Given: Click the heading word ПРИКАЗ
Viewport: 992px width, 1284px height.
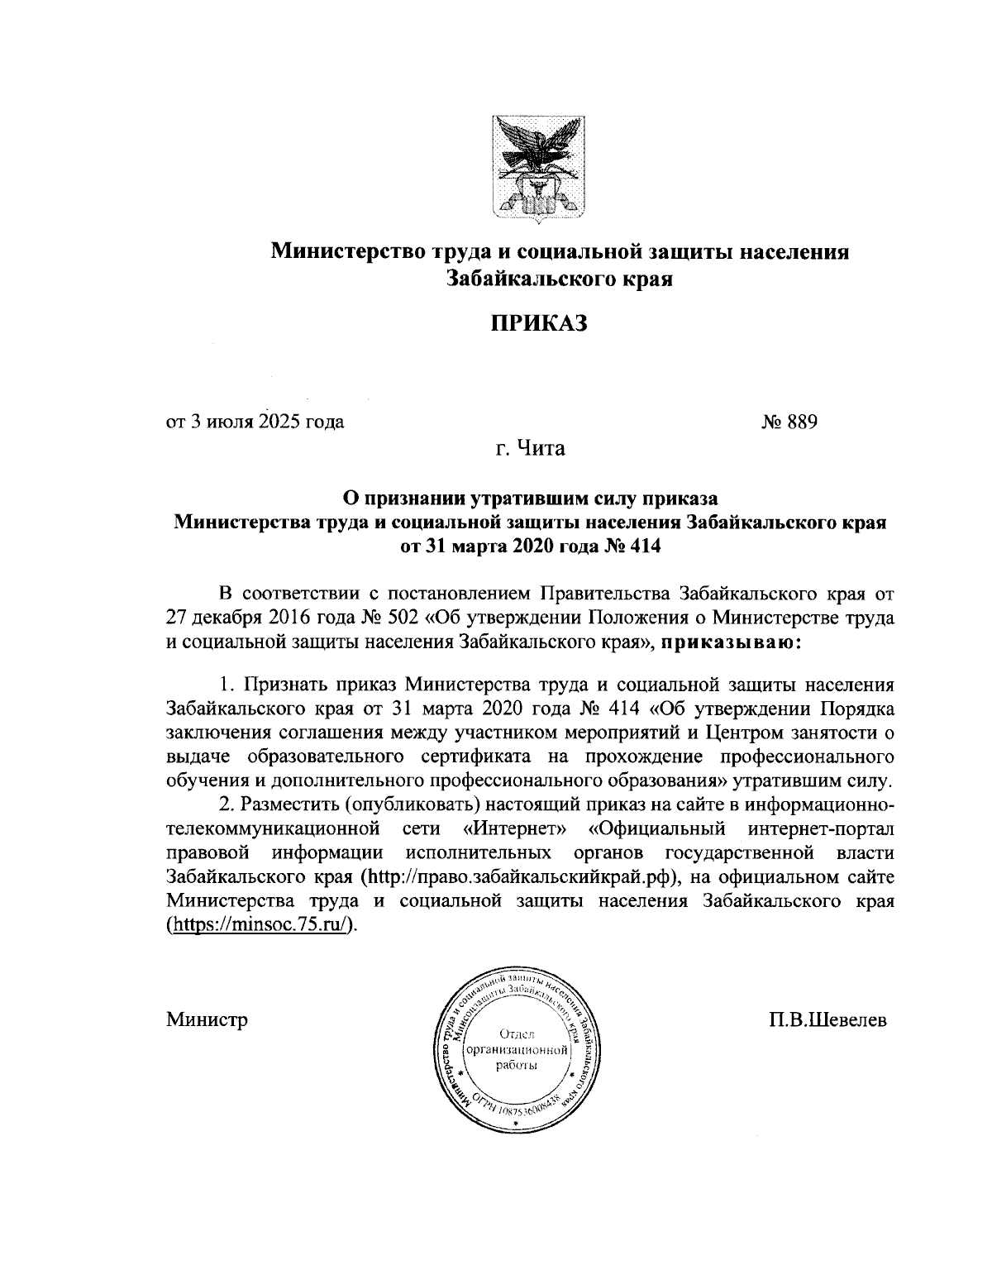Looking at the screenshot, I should [540, 323].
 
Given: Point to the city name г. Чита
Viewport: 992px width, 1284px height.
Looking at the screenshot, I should [530, 449].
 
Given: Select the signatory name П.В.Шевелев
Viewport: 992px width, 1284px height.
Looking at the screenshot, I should [827, 1019].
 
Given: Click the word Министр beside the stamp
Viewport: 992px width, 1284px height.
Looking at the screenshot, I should [207, 1019].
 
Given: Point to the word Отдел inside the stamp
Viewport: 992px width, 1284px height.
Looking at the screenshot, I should [517, 1034].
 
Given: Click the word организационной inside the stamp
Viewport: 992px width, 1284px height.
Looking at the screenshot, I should [517, 1051].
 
